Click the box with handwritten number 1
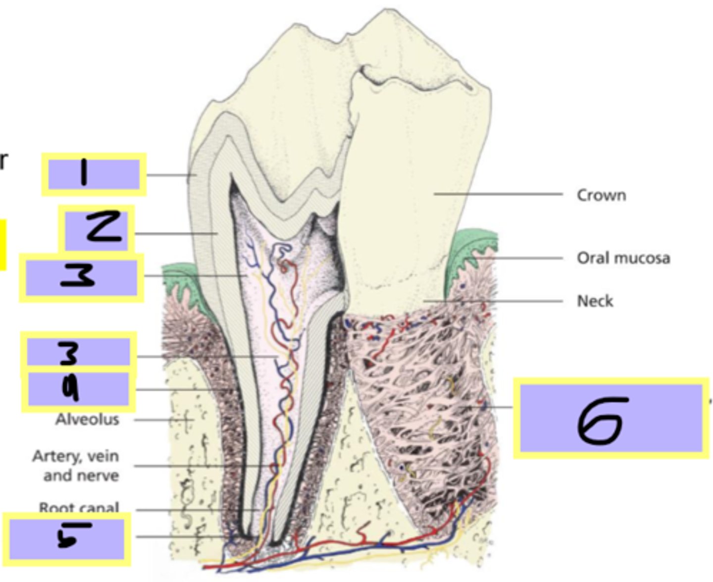click(x=94, y=174)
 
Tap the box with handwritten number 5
click(x=67, y=538)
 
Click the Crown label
click(x=601, y=195)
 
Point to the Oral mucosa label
click(x=623, y=258)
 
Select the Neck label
click(x=595, y=301)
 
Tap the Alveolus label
click(x=87, y=420)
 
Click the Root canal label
click(x=79, y=508)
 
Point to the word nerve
click(x=99, y=476)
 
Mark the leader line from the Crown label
click(x=498, y=194)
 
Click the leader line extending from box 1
click(x=168, y=175)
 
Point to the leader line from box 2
click(x=176, y=233)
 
